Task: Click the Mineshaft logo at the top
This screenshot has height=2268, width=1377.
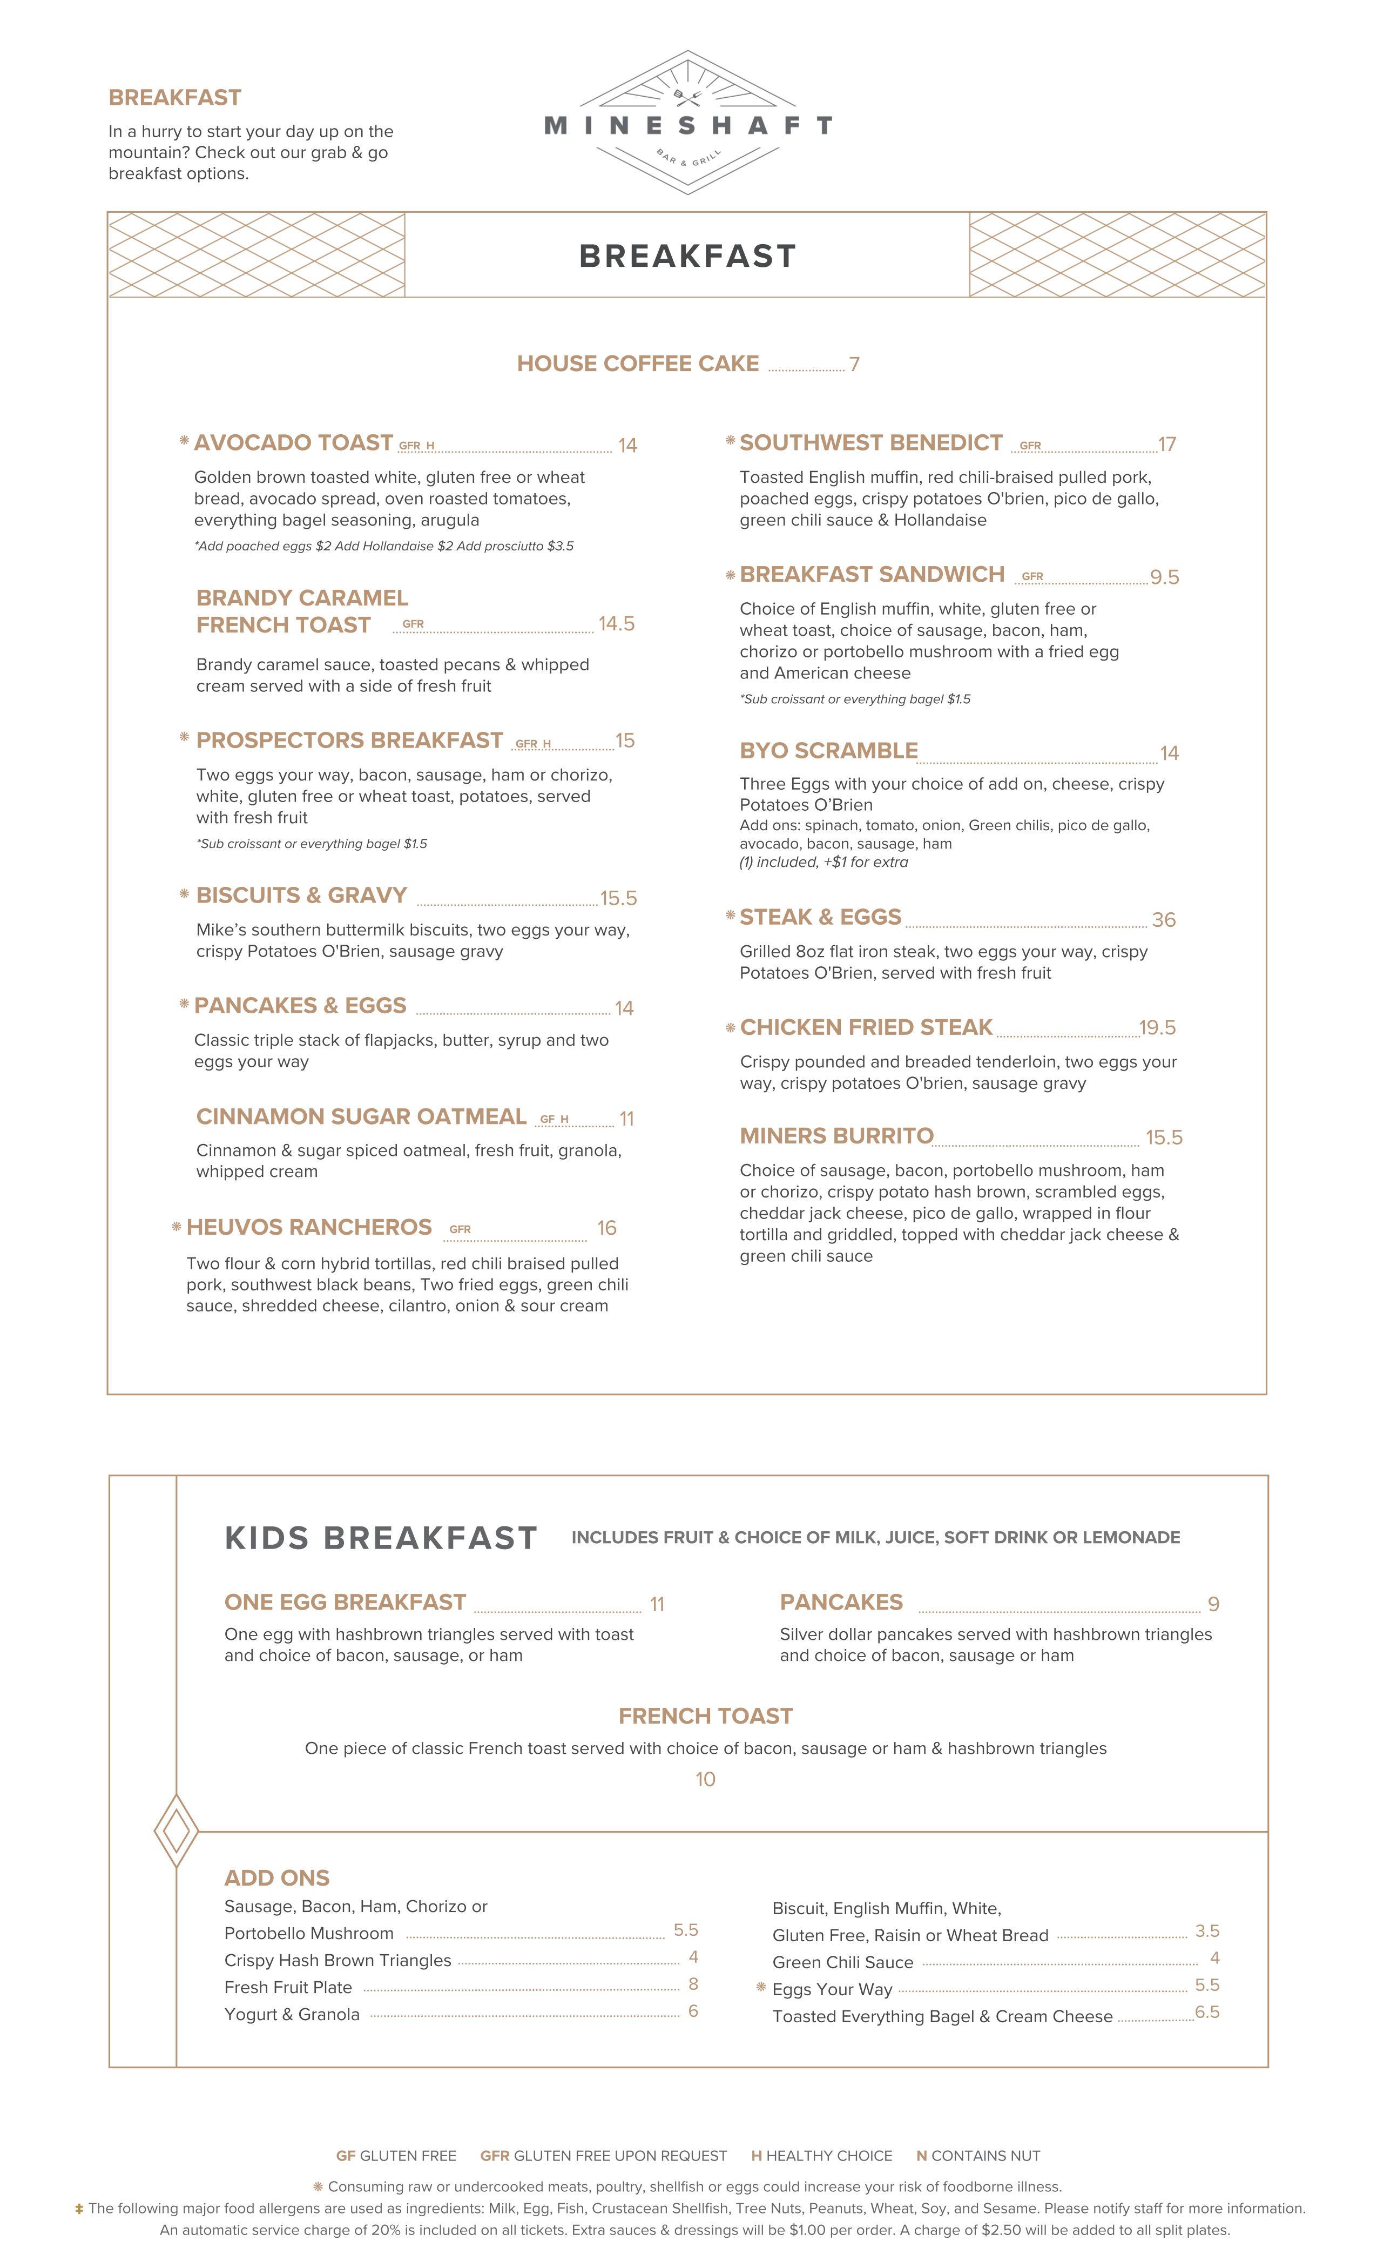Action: tap(687, 123)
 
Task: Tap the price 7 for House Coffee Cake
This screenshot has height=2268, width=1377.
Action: tap(854, 365)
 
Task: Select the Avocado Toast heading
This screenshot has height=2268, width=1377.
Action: tap(293, 443)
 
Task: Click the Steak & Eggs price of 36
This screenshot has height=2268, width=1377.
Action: tap(1164, 919)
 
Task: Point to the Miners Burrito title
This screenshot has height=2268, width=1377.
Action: tap(836, 1136)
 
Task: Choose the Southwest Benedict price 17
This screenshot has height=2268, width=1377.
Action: tap(1166, 445)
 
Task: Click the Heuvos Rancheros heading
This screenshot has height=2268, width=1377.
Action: tap(308, 1227)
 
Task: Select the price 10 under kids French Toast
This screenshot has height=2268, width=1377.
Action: tap(705, 1779)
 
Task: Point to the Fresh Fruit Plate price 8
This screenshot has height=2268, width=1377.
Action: tap(693, 1983)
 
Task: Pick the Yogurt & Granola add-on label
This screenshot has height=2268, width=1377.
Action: tap(292, 2014)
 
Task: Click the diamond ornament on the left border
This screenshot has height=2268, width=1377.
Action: tap(176, 1831)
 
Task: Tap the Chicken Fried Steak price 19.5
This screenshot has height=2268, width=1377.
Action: tap(1157, 1027)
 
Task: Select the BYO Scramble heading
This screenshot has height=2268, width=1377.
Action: tap(828, 751)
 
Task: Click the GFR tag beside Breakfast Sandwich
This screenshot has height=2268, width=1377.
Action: tap(1032, 576)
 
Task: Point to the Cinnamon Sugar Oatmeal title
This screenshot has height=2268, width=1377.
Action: tap(361, 1116)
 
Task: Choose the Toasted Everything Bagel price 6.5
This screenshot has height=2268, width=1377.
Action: tap(1207, 2012)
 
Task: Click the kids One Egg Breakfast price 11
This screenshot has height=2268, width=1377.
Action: tap(656, 1604)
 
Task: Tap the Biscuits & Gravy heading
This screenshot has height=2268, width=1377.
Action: tap(301, 896)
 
